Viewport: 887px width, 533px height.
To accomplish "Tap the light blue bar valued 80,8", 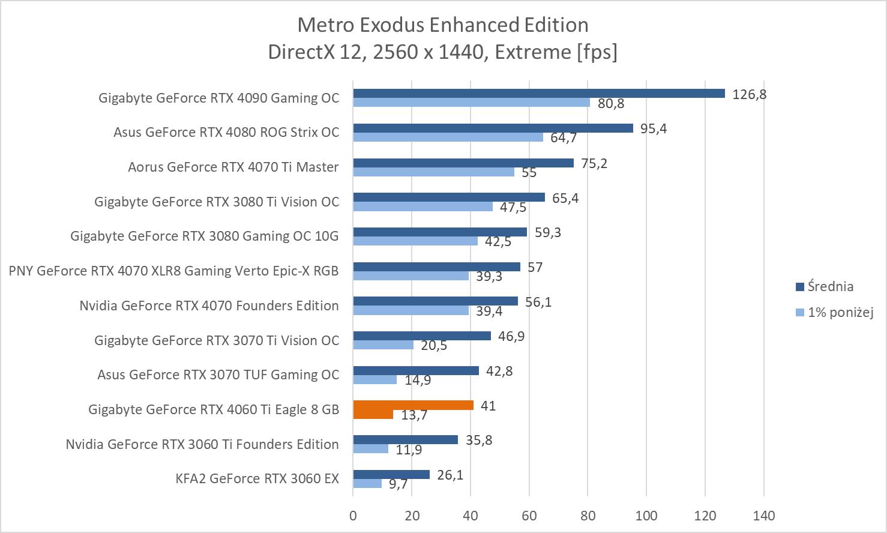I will [x=471, y=103].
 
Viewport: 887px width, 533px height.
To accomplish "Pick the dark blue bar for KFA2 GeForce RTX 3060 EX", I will [x=391, y=475].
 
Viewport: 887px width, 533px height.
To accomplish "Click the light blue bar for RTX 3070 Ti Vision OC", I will [x=383, y=345].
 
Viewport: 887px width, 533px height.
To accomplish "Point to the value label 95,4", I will [x=654, y=128].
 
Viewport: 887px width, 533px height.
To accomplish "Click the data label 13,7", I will [x=414, y=415].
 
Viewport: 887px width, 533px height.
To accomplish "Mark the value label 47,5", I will [x=513, y=207].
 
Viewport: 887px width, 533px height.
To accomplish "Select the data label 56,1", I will [x=538, y=302].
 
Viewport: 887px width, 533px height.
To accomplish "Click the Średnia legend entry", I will [x=830, y=286].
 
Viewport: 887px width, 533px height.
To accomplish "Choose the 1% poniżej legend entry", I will [x=840, y=312].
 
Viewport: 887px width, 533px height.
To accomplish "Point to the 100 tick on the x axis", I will [x=646, y=515].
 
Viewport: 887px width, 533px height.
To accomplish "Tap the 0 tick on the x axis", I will [x=353, y=515].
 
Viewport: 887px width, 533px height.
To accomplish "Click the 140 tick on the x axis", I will [x=764, y=515].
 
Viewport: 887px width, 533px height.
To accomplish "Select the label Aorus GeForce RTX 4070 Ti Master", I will [x=233, y=167].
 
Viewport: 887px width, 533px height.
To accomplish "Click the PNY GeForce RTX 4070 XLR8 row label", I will [x=173, y=271].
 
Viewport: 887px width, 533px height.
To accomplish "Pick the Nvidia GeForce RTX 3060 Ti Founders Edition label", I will [x=202, y=444].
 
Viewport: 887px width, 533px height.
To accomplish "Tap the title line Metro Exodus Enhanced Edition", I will [x=443, y=25].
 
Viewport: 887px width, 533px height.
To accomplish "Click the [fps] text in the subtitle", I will [x=597, y=52].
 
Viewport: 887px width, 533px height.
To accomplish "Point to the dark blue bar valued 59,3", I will [x=440, y=232].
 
